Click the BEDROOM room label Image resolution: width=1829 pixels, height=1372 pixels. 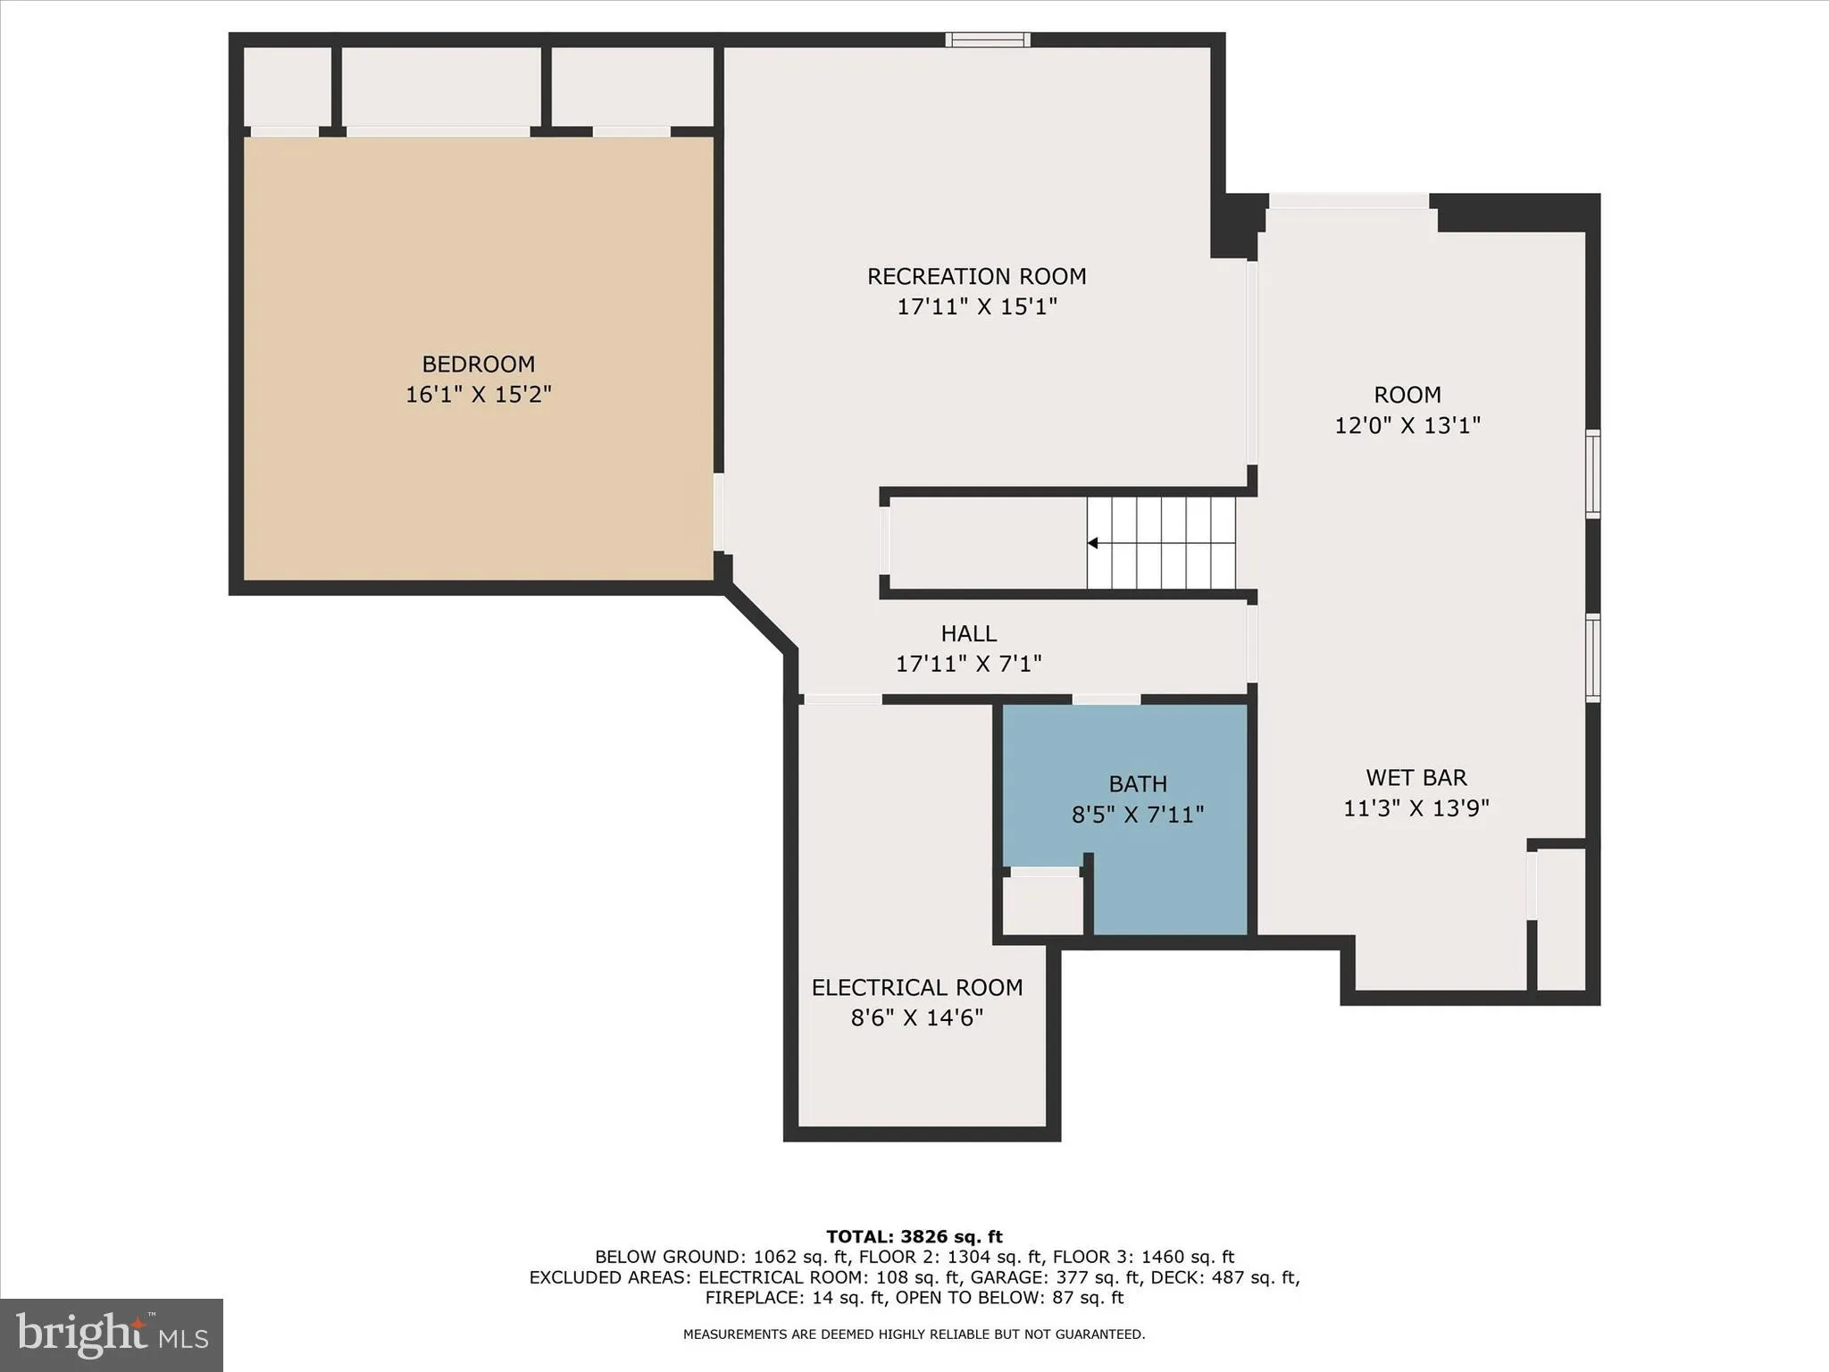[x=478, y=364]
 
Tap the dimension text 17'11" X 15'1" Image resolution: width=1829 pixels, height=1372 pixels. [x=977, y=306]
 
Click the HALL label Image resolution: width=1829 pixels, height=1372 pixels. [x=968, y=633]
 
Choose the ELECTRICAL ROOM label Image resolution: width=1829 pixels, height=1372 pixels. [x=916, y=987]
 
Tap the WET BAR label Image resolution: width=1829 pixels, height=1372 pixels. [x=1416, y=777]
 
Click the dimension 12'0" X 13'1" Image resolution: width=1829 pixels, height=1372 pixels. [x=1407, y=425]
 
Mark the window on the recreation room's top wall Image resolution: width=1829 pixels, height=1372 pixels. [x=988, y=39]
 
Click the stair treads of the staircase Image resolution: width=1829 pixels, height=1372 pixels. [x=1161, y=543]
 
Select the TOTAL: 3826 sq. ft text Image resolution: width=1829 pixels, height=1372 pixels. [x=914, y=1236]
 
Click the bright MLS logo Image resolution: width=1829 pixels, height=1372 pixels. [x=112, y=1334]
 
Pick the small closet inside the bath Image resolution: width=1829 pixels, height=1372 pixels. [x=1042, y=905]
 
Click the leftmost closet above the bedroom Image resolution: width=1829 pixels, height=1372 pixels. [x=288, y=87]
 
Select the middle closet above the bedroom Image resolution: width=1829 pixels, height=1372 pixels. [x=441, y=87]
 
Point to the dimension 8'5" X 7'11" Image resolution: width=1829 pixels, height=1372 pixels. [x=1138, y=815]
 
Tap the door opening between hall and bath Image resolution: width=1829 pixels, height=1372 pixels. [x=1107, y=699]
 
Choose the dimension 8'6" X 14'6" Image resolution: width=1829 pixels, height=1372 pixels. [x=916, y=1017]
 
